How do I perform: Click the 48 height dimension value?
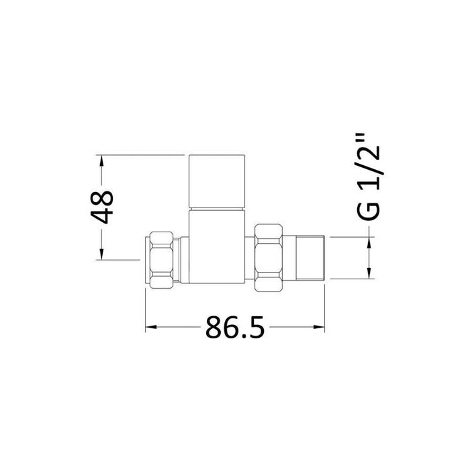[102, 207]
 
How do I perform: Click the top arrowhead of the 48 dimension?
[102, 162]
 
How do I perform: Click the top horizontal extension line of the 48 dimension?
[141, 156]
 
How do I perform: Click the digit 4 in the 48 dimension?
[102, 218]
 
